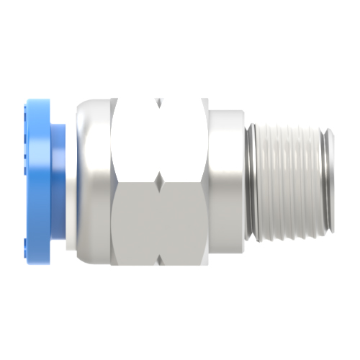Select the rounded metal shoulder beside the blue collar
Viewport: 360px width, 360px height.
click(x=90, y=180)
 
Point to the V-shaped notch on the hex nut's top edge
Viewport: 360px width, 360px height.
click(x=160, y=103)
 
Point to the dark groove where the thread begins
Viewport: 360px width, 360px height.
click(x=250, y=180)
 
